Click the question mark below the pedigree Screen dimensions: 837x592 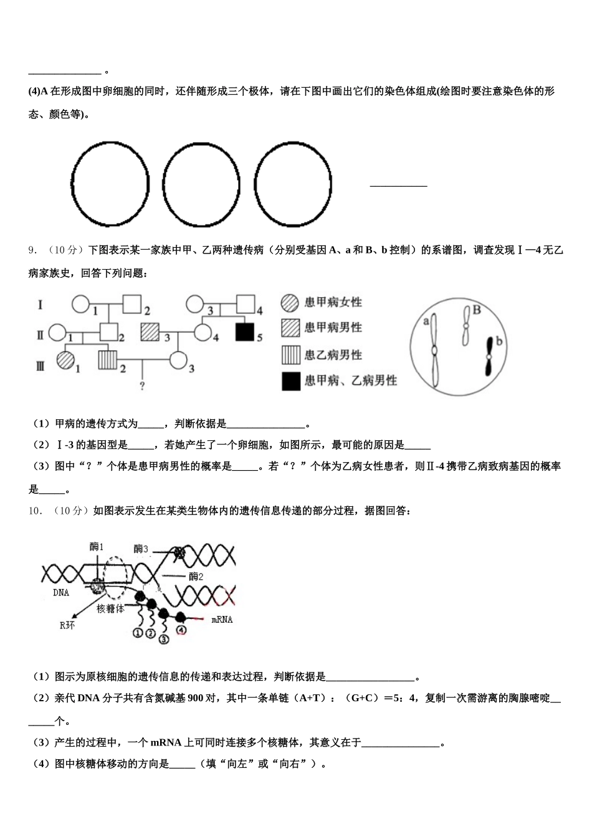click(143, 387)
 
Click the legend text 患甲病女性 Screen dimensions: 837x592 click(333, 302)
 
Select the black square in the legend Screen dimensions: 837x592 click(291, 381)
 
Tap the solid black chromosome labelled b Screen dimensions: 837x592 click(490, 356)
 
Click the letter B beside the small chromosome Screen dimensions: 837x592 click(477, 310)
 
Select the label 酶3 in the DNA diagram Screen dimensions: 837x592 click(141, 549)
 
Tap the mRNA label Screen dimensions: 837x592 click(222, 620)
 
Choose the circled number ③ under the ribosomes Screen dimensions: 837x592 click(164, 638)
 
